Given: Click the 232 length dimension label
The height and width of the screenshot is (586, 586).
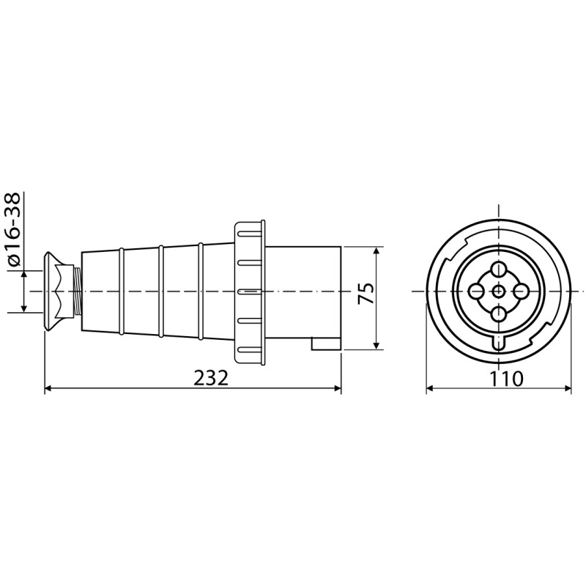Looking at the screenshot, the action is (x=211, y=378).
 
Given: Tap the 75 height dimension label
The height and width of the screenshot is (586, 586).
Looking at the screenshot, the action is (x=366, y=294).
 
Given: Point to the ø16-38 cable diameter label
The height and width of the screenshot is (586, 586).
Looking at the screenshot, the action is (x=14, y=229).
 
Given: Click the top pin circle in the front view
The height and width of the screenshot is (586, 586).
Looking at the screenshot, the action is (x=499, y=269).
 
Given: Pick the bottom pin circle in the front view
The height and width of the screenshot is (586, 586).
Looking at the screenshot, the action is (x=499, y=314).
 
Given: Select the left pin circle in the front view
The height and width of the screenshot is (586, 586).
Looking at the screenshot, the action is (x=475, y=291).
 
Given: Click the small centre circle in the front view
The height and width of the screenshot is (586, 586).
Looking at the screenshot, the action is (x=499, y=291).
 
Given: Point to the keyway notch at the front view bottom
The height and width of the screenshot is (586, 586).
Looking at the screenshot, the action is (x=499, y=343).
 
